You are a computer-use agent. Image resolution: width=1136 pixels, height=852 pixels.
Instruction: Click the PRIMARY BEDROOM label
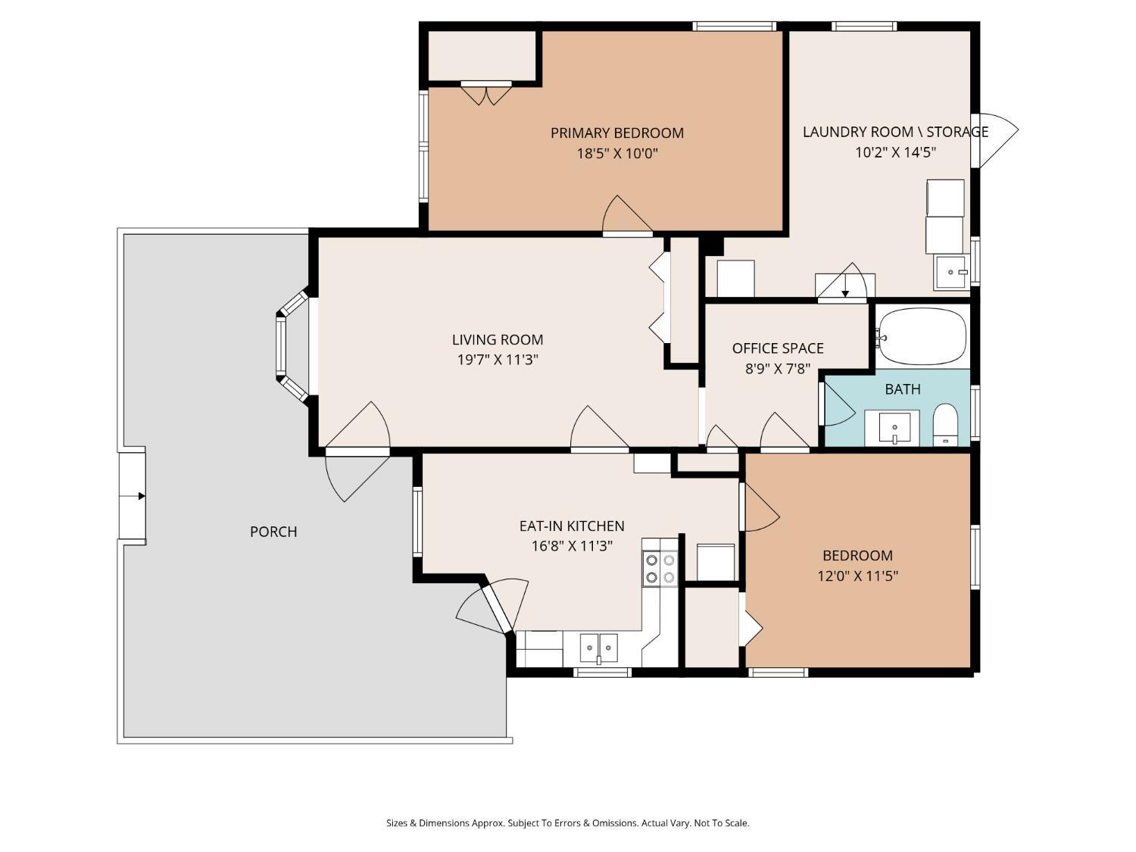(x=617, y=133)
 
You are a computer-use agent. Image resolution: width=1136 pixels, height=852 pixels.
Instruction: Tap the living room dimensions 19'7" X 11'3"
(x=498, y=360)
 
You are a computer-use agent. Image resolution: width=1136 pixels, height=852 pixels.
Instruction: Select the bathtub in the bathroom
(x=922, y=337)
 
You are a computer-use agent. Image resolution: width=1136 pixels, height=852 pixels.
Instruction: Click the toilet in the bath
(x=945, y=424)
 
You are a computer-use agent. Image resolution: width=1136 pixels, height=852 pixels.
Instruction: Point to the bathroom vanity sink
(x=895, y=428)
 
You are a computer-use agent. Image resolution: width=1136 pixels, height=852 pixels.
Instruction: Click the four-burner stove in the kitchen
(x=660, y=569)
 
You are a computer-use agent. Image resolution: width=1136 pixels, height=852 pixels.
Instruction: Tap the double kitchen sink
(x=598, y=648)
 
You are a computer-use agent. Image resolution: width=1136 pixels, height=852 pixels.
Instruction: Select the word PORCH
(x=273, y=532)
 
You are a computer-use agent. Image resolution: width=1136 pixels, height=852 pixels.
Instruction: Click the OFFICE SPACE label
(x=778, y=348)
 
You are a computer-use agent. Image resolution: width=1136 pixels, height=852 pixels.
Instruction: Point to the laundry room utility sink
(x=950, y=272)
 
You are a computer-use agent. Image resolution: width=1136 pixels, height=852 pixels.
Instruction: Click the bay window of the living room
(x=293, y=345)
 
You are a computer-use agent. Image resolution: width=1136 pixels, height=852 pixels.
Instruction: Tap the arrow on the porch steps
(x=142, y=496)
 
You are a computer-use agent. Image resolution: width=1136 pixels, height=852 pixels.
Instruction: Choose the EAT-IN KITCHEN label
(x=572, y=526)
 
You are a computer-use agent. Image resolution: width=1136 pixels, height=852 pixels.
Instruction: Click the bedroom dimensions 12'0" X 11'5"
(x=857, y=576)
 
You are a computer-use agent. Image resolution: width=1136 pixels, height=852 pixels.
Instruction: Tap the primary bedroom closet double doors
(x=486, y=94)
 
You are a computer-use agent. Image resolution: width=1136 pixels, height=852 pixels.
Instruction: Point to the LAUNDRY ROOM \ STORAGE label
(x=895, y=132)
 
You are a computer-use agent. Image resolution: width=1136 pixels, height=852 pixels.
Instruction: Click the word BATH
(x=903, y=389)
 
